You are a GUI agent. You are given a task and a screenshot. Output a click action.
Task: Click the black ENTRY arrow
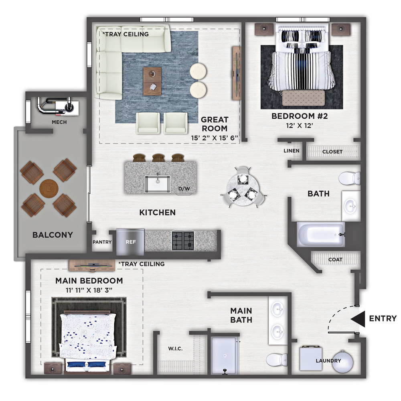click(x=358, y=319)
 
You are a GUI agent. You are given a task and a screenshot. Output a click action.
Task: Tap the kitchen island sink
click(x=158, y=184)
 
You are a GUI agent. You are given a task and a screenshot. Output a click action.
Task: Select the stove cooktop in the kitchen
click(x=183, y=241)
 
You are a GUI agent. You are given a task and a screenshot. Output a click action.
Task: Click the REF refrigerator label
click(x=131, y=242)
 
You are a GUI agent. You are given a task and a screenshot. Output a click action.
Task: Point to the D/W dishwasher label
click(x=184, y=189)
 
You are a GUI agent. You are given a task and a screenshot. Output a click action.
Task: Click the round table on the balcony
click(x=49, y=188)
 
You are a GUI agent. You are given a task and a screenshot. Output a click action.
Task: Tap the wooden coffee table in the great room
click(x=152, y=81)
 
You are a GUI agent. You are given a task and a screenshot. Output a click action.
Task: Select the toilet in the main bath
click(x=276, y=360)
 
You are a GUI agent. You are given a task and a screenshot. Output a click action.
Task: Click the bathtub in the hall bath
click(x=321, y=235)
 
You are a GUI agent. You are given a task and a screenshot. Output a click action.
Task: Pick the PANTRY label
click(x=102, y=242)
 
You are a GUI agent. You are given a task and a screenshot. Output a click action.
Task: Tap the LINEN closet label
click(x=291, y=151)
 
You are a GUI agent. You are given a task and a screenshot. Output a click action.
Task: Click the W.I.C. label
click(x=176, y=348)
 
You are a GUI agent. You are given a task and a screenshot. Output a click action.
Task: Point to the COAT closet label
click(x=335, y=260)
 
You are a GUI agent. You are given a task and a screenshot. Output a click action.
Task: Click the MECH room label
click(x=59, y=122)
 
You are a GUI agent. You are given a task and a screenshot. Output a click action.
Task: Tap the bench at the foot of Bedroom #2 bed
click(x=304, y=98)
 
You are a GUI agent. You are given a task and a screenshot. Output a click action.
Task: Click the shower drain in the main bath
click(x=225, y=356)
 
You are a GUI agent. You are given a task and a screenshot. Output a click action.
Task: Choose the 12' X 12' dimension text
click(x=300, y=126)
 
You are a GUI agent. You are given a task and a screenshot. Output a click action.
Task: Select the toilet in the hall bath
click(x=350, y=178)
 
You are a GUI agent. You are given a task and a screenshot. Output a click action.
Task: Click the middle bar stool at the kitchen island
click(x=158, y=158)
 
